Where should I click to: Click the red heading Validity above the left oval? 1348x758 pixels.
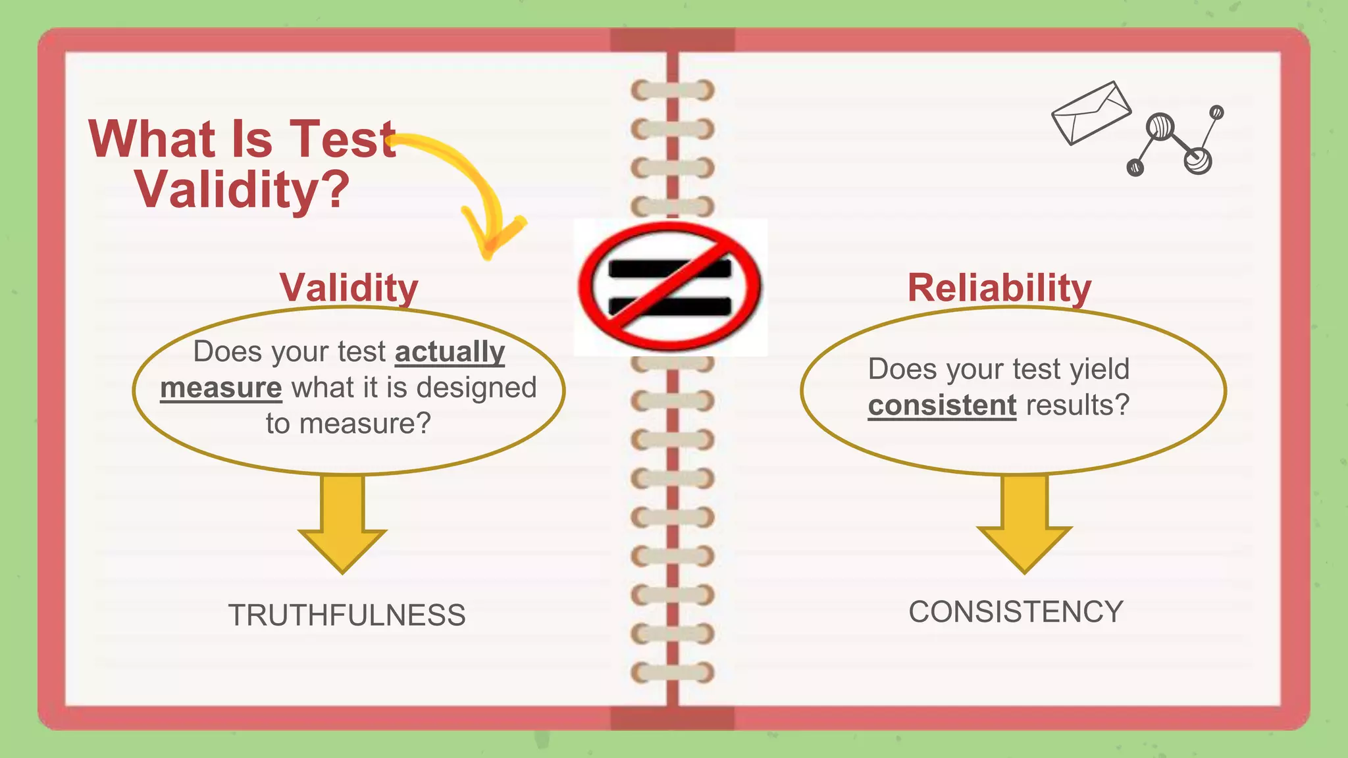click(349, 288)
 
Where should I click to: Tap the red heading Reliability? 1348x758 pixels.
click(999, 288)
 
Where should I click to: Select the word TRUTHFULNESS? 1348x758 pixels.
click(347, 615)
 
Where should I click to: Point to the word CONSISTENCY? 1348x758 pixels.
click(1016, 612)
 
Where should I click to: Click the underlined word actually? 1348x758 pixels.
click(450, 352)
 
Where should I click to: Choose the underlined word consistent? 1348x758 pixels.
click(942, 405)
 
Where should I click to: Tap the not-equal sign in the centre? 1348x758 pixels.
click(670, 287)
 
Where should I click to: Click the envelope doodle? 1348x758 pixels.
click(1091, 113)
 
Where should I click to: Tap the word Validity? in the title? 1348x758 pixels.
click(242, 189)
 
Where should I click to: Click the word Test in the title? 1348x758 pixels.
click(342, 139)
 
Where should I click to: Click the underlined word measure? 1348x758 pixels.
click(220, 388)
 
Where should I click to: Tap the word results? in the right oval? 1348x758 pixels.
click(1077, 405)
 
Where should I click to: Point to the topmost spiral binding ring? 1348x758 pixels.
click(672, 90)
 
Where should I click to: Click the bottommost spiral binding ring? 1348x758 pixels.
click(672, 672)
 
